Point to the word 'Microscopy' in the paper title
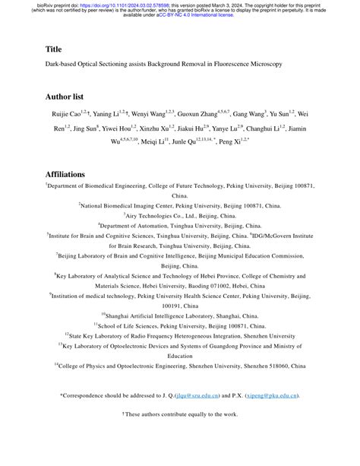pos(264,65)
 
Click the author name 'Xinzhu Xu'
pos(159,128)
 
